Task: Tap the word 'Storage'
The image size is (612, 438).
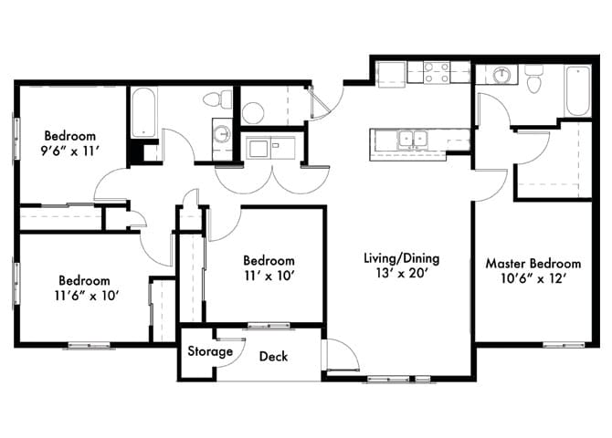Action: click(209, 351)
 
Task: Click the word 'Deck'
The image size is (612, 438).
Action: click(273, 356)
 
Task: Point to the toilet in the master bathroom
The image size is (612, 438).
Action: click(536, 80)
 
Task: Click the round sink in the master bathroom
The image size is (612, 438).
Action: click(501, 75)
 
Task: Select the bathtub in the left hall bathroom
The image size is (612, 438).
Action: click(143, 111)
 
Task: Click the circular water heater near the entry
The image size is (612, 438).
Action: click(253, 113)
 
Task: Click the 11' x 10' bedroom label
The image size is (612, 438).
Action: click(269, 267)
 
